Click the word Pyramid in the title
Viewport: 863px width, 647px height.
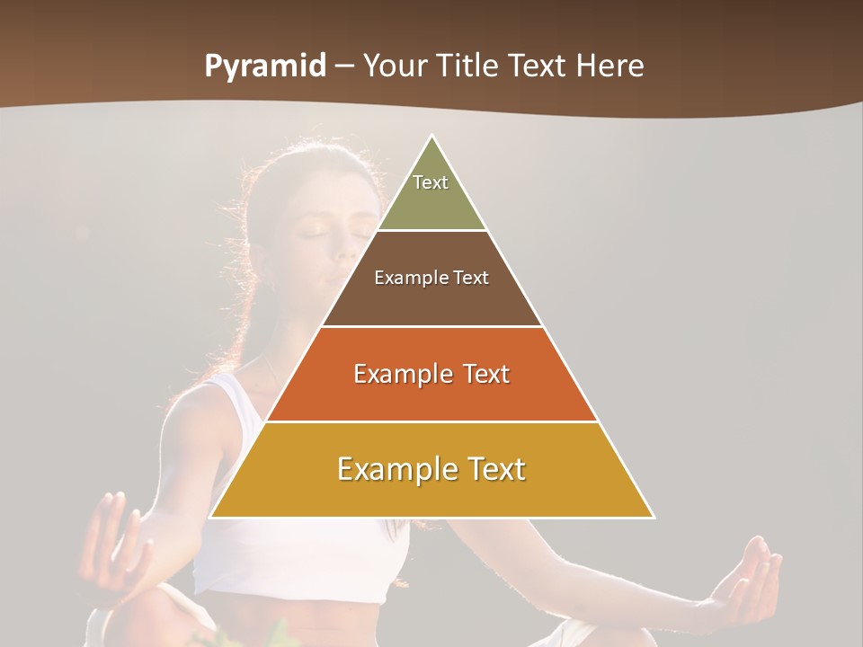(x=265, y=66)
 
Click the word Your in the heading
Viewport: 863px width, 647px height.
(x=396, y=66)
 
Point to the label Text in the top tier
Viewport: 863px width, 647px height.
(x=431, y=182)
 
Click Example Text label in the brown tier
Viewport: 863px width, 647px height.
(x=431, y=278)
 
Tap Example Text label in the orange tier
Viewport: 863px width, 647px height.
(x=431, y=374)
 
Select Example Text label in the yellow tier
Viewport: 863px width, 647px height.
(x=431, y=469)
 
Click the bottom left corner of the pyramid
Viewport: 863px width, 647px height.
(x=211, y=517)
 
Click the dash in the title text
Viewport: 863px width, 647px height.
(x=344, y=66)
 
